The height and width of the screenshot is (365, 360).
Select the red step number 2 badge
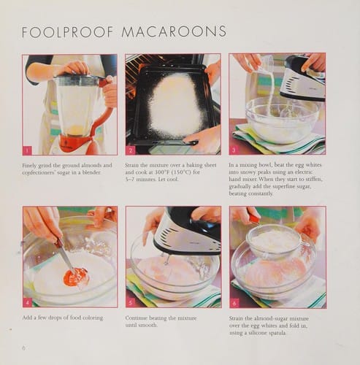[131, 150]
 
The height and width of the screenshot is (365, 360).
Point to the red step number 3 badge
[234, 150]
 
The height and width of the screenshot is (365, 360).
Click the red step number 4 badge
[28, 301]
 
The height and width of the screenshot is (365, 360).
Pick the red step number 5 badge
[131, 301]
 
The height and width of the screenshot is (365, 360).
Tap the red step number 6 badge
[234, 301]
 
